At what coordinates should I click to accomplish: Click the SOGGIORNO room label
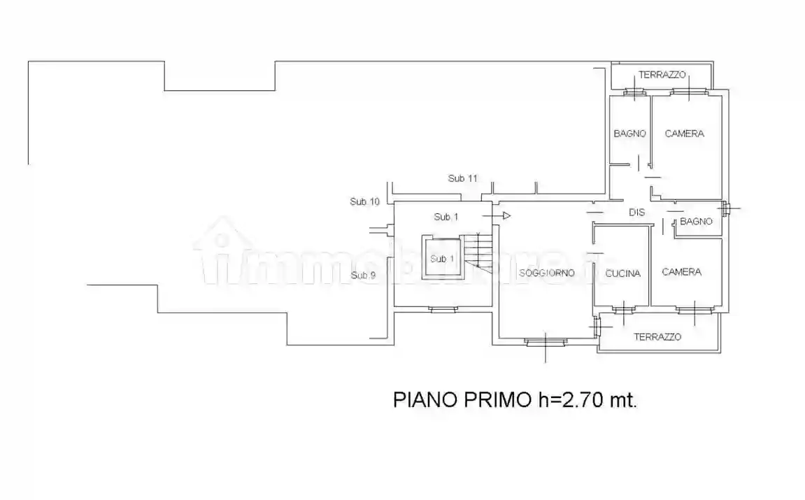[x=546, y=273]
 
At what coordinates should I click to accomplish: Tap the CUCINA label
[x=622, y=273]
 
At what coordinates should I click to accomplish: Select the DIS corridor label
[x=636, y=212]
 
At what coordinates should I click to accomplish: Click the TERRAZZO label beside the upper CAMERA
[x=662, y=75]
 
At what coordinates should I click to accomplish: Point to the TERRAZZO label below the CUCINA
[x=657, y=336]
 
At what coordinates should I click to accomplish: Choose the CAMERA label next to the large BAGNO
[x=684, y=133]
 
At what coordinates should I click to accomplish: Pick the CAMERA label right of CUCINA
[x=681, y=271]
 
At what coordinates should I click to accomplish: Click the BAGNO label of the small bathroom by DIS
[x=696, y=221]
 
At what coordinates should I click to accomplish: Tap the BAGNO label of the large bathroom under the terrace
[x=629, y=133]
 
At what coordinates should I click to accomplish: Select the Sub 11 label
[x=462, y=178]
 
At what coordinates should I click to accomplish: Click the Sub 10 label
[x=364, y=201]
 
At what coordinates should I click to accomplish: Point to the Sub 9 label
[x=363, y=275]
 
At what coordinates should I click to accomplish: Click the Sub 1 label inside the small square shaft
[x=442, y=259]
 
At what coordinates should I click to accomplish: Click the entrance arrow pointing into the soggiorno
[x=505, y=216]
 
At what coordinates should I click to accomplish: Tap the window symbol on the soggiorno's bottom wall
[x=546, y=341]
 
